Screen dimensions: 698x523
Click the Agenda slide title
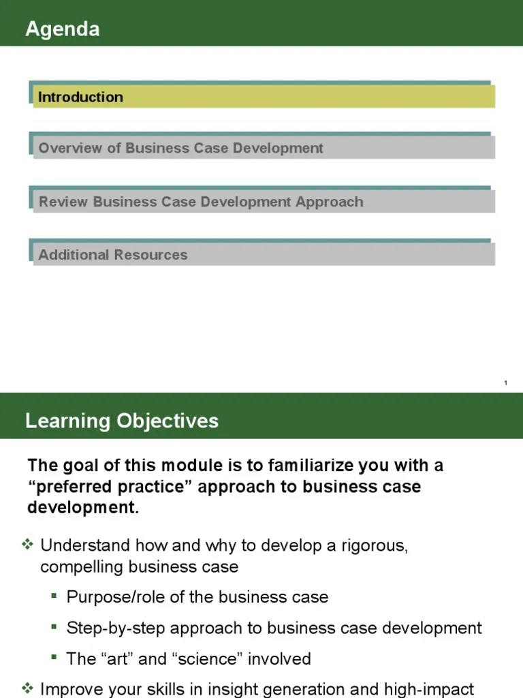pos(63,29)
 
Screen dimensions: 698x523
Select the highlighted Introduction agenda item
pos(80,97)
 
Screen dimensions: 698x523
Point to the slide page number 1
pos(505,383)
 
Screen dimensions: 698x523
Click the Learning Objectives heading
pos(122,421)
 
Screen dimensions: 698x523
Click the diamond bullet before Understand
pos(29,545)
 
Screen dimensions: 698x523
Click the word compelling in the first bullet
pos(82,566)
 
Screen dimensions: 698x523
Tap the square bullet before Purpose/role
pos(54,596)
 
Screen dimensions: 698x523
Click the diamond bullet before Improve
pos(29,687)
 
